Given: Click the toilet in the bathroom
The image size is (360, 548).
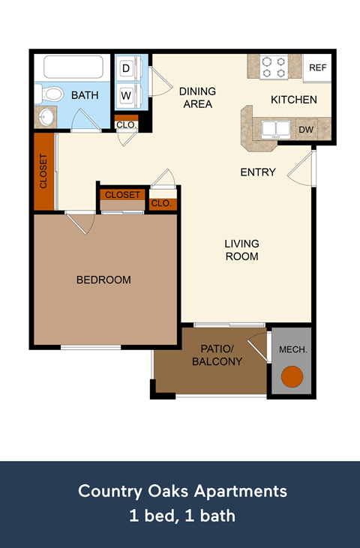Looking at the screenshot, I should [51, 94].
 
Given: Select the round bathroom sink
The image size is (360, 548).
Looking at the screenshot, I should [46, 118].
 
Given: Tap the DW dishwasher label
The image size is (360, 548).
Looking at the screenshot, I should [306, 129].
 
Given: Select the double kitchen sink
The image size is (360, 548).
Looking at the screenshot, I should [274, 129].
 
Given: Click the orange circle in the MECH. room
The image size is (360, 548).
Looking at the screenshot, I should [291, 377].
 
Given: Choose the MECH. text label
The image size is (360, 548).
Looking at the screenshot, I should [292, 350].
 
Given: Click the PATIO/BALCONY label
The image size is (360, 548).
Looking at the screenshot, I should [217, 355].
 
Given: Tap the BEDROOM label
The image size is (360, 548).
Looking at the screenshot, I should [103, 280].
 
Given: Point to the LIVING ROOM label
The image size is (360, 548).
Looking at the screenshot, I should [242, 250].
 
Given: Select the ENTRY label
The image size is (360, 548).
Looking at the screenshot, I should [258, 172].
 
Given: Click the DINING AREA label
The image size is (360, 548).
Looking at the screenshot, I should [197, 97].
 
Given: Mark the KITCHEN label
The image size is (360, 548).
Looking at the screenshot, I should [293, 99].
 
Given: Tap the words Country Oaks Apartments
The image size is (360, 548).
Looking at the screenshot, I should [182, 492].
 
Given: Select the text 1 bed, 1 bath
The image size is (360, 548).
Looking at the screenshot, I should [182, 516].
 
